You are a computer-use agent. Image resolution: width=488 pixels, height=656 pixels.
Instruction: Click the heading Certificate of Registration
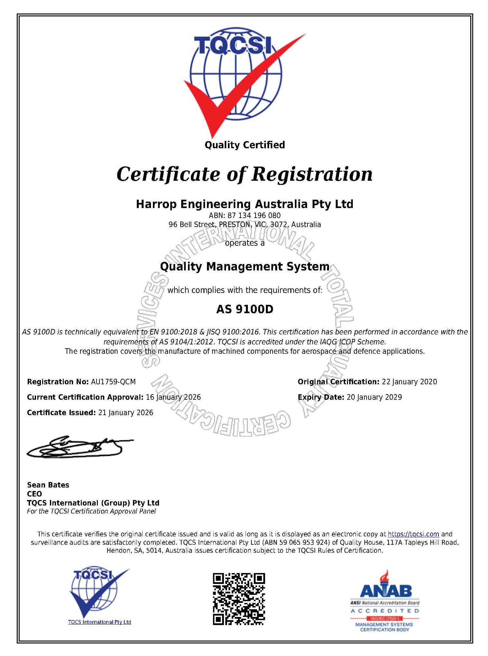(244, 174)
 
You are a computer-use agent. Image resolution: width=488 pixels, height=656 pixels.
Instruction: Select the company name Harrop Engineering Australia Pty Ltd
(244, 204)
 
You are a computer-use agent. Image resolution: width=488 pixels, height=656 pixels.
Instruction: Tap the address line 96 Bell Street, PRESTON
(245, 224)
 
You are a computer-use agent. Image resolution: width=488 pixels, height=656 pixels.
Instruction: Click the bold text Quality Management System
(245, 267)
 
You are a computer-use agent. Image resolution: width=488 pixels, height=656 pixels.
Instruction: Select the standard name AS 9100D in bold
(245, 309)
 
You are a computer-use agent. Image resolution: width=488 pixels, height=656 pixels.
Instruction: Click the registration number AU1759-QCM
(113, 382)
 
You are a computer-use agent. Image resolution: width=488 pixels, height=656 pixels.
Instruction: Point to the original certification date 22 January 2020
(409, 382)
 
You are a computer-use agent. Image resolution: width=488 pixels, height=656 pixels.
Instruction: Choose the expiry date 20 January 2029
(374, 397)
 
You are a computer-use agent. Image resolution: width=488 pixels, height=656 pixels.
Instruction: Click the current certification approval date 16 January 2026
(173, 397)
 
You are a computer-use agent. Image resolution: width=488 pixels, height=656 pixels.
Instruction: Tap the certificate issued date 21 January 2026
(126, 413)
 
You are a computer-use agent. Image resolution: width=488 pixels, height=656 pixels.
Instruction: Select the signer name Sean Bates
(48, 485)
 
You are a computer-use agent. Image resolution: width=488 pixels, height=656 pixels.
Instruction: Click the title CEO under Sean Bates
(34, 494)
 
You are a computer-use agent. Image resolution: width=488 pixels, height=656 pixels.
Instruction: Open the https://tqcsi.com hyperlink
(413, 534)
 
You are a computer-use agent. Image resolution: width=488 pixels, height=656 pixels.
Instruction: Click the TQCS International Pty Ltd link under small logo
(99, 622)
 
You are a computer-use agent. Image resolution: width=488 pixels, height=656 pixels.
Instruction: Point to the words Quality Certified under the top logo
(245, 145)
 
